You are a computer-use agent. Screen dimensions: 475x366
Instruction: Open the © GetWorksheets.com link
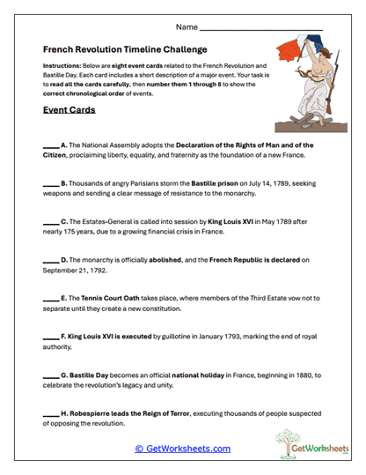(x=182, y=449)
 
